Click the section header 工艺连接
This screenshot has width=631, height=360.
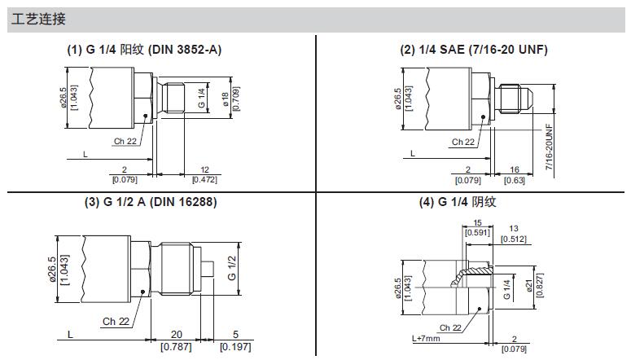(x=38, y=19)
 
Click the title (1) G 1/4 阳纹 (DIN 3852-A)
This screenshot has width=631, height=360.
(x=144, y=50)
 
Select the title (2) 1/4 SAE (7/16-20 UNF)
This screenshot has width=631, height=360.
(x=474, y=50)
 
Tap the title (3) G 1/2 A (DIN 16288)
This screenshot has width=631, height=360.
(x=151, y=201)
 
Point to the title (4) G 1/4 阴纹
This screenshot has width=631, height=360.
(x=457, y=202)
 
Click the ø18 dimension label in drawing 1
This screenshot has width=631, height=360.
(x=225, y=99)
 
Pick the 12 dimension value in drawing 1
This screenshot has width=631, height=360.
(x=205, y=170)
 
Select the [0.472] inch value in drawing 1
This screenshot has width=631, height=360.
(x=205, y=180)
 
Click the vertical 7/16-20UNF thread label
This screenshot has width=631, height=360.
(x=550, y=147)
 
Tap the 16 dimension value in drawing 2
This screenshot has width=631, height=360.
(x=515, y=169)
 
